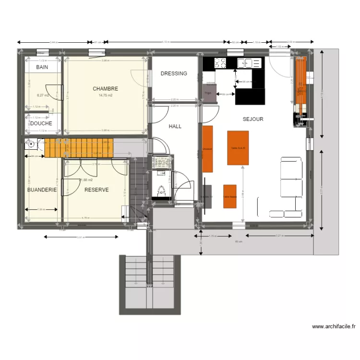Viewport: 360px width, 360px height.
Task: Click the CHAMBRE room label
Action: coord(105,89)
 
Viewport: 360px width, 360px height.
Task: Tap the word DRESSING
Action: coord(174,73)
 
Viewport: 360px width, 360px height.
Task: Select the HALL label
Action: coord(175,126)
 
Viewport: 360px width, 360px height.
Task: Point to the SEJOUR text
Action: coord(253,119)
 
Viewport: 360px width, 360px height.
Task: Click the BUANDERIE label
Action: coord(42,190)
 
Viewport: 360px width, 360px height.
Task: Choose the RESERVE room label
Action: coord(96,190)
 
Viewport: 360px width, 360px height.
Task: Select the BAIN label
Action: coord(42,68)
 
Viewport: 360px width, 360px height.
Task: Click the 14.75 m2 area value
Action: coord(105,96)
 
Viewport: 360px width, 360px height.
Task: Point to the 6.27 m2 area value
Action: coord(43,95)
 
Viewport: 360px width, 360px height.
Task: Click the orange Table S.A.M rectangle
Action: coord(238,148)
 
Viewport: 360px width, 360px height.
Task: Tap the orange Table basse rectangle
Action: coord(229,196)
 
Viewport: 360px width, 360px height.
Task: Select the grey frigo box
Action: coord(209,93)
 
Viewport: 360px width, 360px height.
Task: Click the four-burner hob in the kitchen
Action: coord(220,62)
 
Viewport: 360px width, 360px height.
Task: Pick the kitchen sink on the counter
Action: coord(249,62)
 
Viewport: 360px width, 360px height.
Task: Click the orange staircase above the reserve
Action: coord(79,148)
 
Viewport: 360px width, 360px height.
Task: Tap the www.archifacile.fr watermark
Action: coord(334,326)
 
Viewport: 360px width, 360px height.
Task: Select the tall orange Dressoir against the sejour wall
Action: coord(207,149)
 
